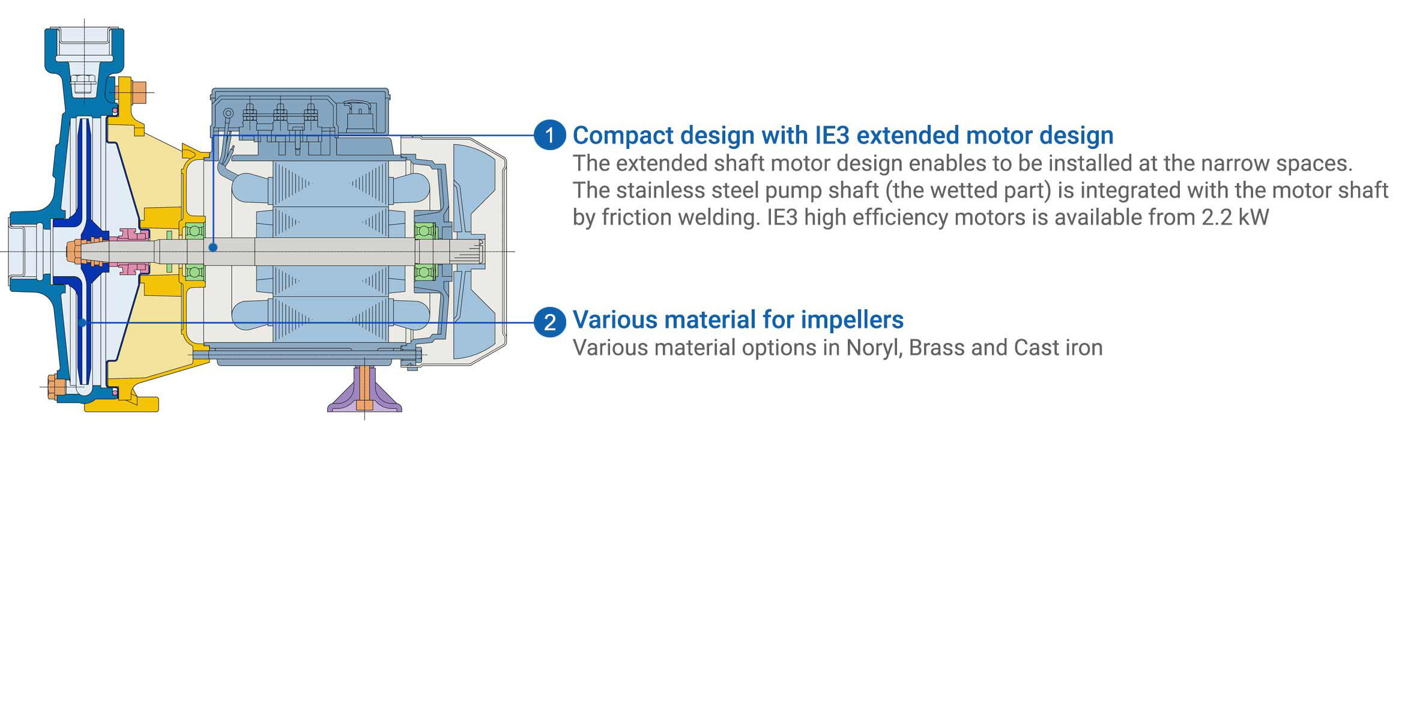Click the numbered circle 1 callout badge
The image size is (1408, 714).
coord(549,135)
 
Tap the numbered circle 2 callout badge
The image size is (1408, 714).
coord(549,322)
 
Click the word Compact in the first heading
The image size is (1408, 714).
coord(622,136)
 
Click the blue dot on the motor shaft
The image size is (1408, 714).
coord(213,247)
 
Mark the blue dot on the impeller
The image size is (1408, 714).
coord(82,323)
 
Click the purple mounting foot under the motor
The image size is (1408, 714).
coord(364,390)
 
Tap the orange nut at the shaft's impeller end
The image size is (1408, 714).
coord(74,251)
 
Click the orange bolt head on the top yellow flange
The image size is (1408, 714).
coord(139,92)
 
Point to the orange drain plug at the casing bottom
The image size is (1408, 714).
coord(56,387)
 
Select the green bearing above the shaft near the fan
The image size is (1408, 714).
coord(425,231)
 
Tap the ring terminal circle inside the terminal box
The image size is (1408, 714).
coord(228,113)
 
